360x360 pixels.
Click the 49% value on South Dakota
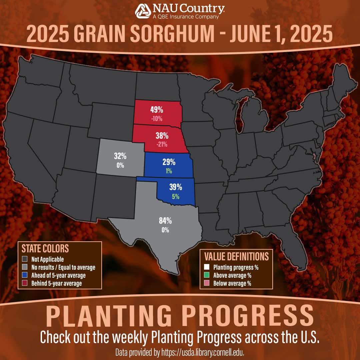156,110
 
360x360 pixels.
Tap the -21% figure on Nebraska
161,144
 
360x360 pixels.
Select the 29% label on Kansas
169,162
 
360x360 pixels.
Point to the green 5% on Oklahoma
175,196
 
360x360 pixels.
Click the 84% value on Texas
165,221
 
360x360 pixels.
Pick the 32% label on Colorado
120,156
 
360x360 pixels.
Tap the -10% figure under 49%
156,118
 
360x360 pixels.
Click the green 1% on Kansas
169,171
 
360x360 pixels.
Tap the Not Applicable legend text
47,259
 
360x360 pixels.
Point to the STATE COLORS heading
45,248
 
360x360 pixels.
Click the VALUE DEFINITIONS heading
236,256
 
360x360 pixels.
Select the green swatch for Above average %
207,275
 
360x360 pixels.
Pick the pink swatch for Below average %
207,283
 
